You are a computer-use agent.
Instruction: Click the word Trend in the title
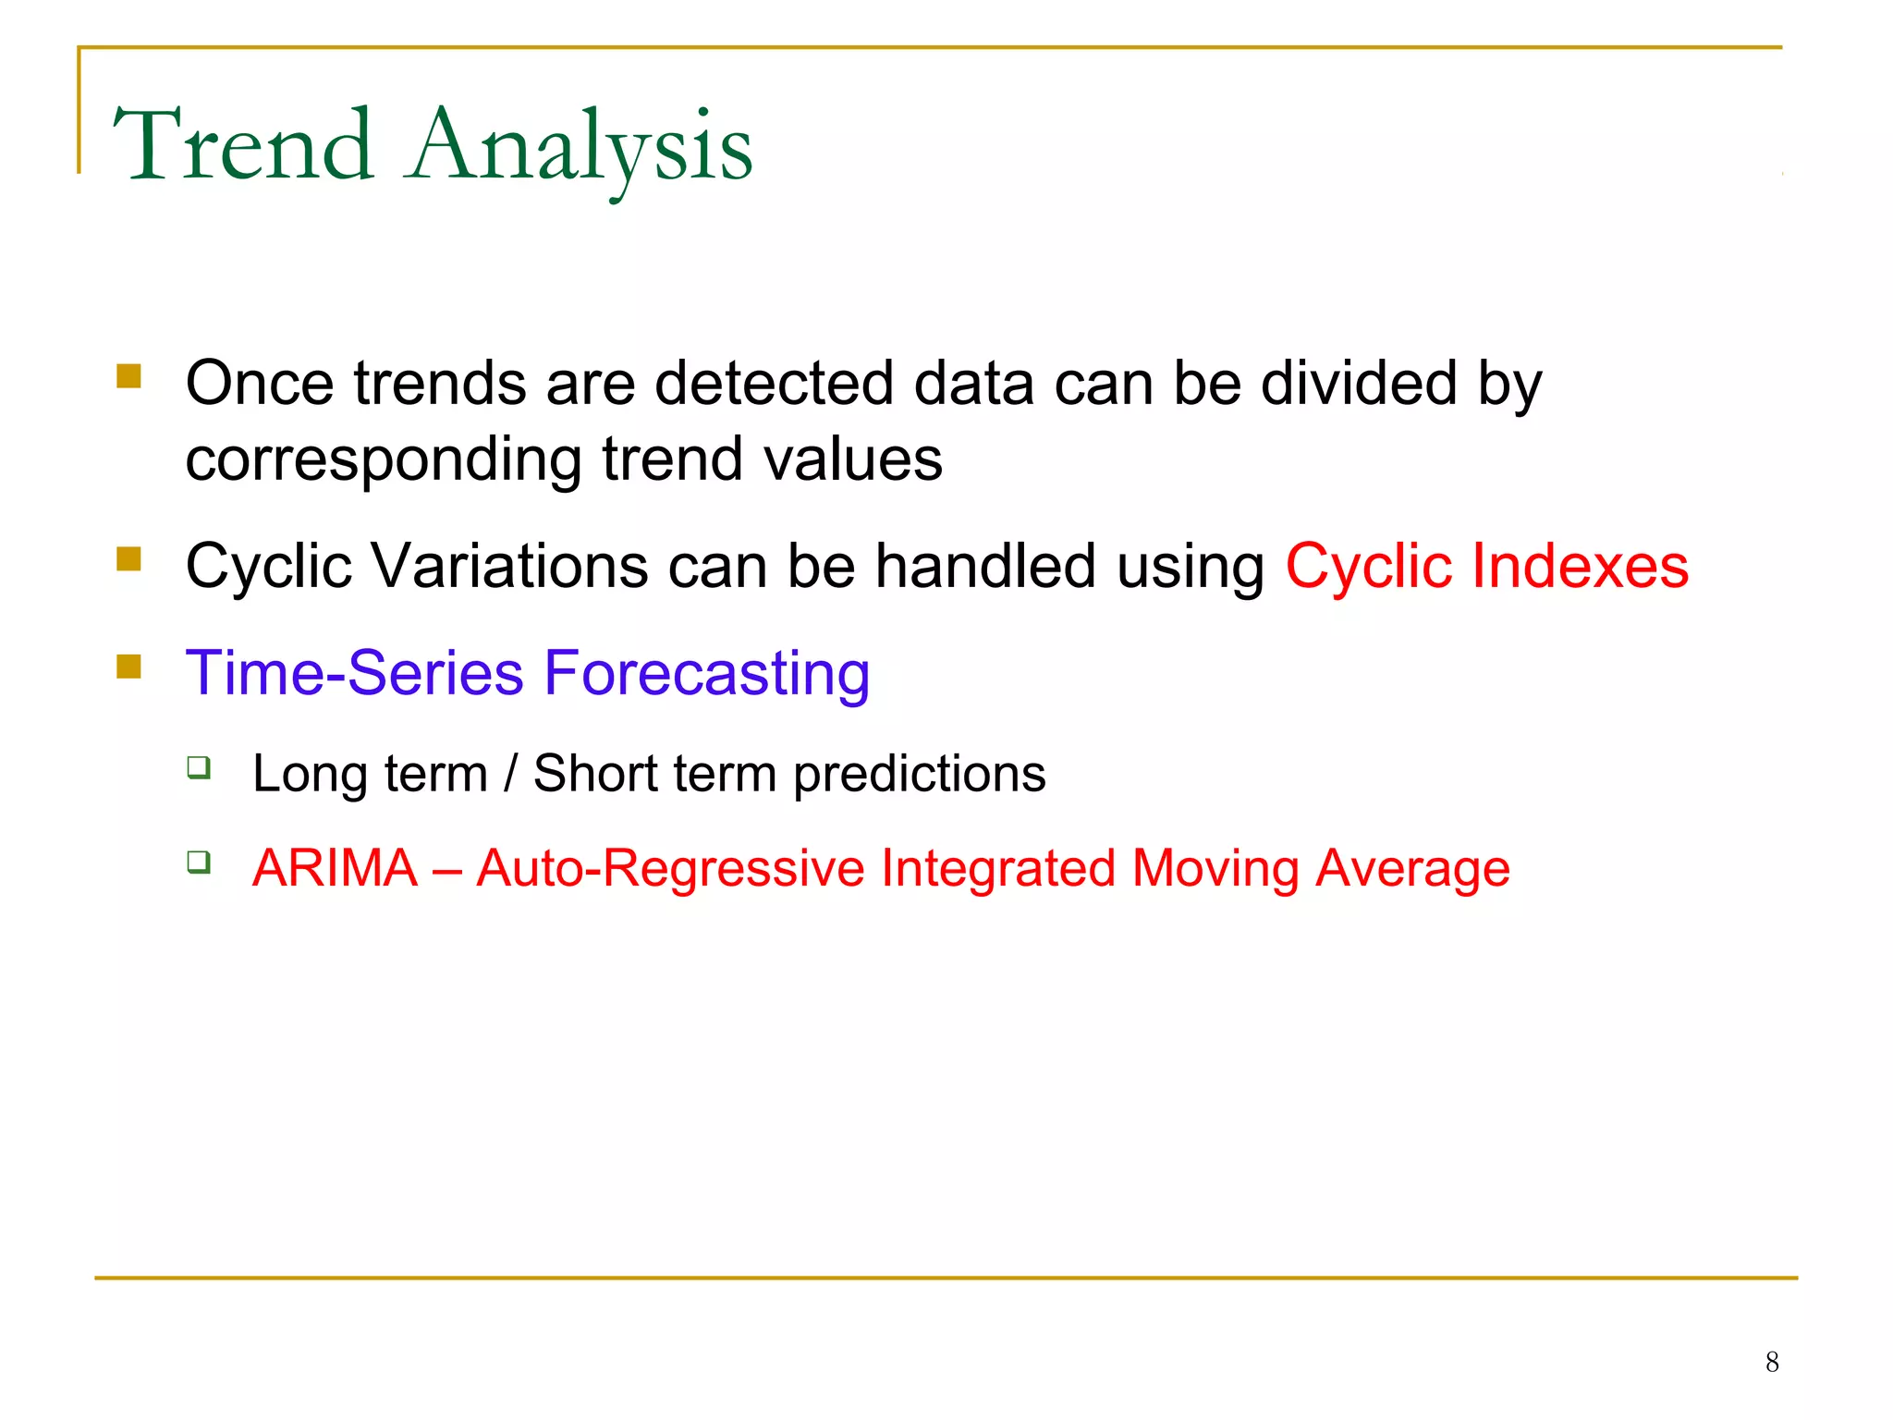pyautogui.click(x=244, y=146)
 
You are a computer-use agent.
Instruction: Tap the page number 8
pyautogui.click(x=1772, y=1362)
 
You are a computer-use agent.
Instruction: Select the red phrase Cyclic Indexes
pyautogui.click(x=1487, y=566)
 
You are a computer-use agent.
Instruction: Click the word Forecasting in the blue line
pyautogui.click(x=707, y=673)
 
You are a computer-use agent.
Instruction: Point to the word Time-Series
pyautogui.click(x=355, y=673)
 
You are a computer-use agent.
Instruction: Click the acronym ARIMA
pyautogui.click(x=335, y=868)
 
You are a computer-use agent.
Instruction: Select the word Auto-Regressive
pyautogui.click(x=670, y=868)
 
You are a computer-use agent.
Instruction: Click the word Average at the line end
pyautogui.click(x=1412, y=868)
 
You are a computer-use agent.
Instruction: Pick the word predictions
pyautogui.click(x=920, y=773)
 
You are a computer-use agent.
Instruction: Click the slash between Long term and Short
pyautogui.click(x=510, y=773)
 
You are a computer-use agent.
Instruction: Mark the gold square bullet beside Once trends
pyautogui.click(x=128, y=375)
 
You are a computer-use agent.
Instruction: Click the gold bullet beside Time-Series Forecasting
pyautogui.click(x=128, y=666)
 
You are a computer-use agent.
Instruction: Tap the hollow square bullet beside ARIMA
pyautogui.click(x=199, y=863)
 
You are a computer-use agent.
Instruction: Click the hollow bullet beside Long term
pyautogui.click(x=199, y=767)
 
